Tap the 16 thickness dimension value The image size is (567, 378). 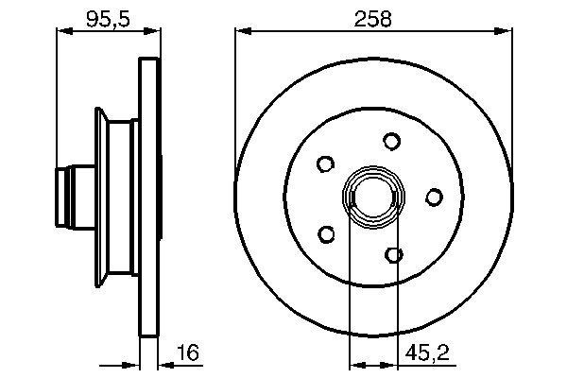click(190, 353)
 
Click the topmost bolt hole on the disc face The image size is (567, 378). click(391, 141)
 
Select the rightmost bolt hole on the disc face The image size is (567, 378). click(434, 197)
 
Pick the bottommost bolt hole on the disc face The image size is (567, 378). click(395, 253)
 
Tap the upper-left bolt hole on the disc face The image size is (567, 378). click(325, 163)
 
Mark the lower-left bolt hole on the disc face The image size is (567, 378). click(327, 232)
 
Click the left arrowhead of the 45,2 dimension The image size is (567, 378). click(356, 362)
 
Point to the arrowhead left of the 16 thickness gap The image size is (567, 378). click(133, 362)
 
